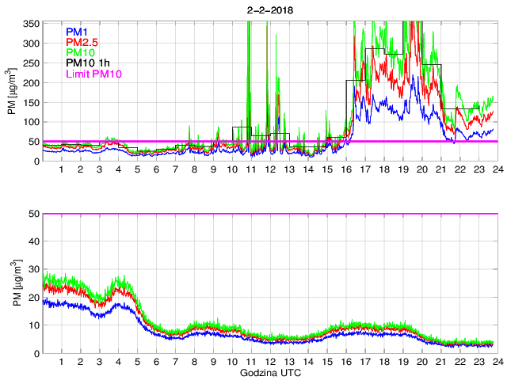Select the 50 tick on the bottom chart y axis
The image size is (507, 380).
pos(34,214)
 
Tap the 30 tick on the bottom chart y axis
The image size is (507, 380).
pos(34,269)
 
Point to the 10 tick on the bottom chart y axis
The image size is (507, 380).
pos(34,325)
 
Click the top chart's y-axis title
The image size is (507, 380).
pos(12,92)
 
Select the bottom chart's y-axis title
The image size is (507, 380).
pos(12,283)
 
